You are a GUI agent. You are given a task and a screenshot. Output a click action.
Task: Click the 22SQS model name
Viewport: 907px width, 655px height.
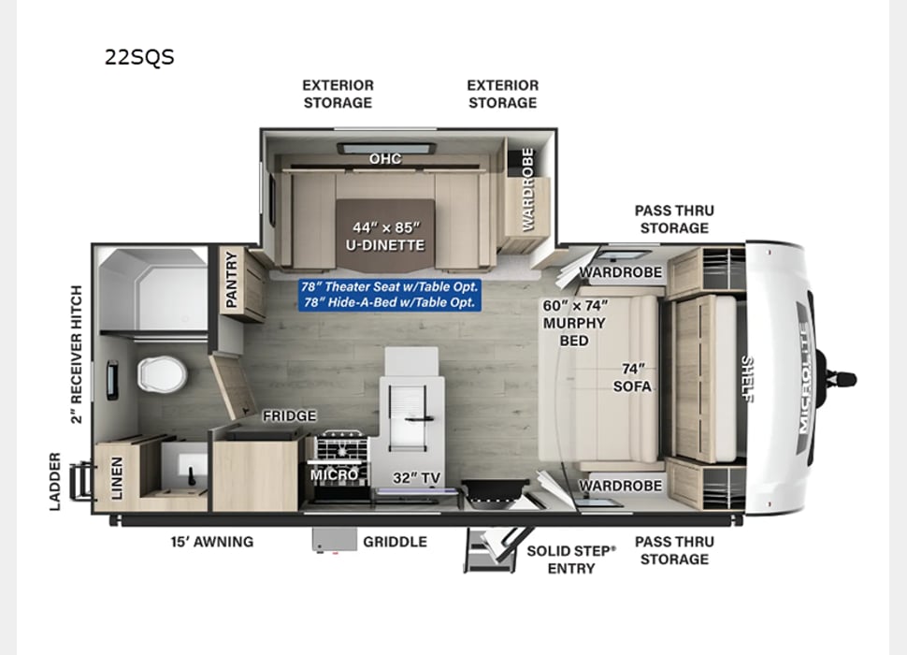139,57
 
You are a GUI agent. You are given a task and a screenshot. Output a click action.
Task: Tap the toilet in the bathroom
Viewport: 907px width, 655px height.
162,374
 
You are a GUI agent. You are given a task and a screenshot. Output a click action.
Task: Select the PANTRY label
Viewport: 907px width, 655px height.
231,280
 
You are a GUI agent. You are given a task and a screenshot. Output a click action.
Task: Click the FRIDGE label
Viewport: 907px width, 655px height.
289,415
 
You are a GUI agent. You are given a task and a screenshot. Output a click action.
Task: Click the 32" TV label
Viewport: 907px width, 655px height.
416,477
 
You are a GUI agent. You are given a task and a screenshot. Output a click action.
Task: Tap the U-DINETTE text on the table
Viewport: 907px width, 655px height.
385,245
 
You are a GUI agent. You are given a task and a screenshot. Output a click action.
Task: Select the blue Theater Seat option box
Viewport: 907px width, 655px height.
390,295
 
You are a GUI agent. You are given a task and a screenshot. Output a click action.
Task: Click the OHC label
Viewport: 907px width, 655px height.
385,158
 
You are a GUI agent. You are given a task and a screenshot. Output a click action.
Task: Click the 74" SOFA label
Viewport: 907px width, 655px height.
632,377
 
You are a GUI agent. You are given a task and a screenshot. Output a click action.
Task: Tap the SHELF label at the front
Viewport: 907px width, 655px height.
748,379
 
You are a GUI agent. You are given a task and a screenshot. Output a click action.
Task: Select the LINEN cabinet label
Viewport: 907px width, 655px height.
117,478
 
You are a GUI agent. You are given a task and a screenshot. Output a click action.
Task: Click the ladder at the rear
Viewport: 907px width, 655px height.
79,481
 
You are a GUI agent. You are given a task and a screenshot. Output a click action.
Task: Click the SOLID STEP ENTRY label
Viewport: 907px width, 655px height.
571,560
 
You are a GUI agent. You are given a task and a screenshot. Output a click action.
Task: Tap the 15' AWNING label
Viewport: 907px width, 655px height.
211,542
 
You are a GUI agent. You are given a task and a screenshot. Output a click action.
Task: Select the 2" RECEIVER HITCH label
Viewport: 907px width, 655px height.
77,354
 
